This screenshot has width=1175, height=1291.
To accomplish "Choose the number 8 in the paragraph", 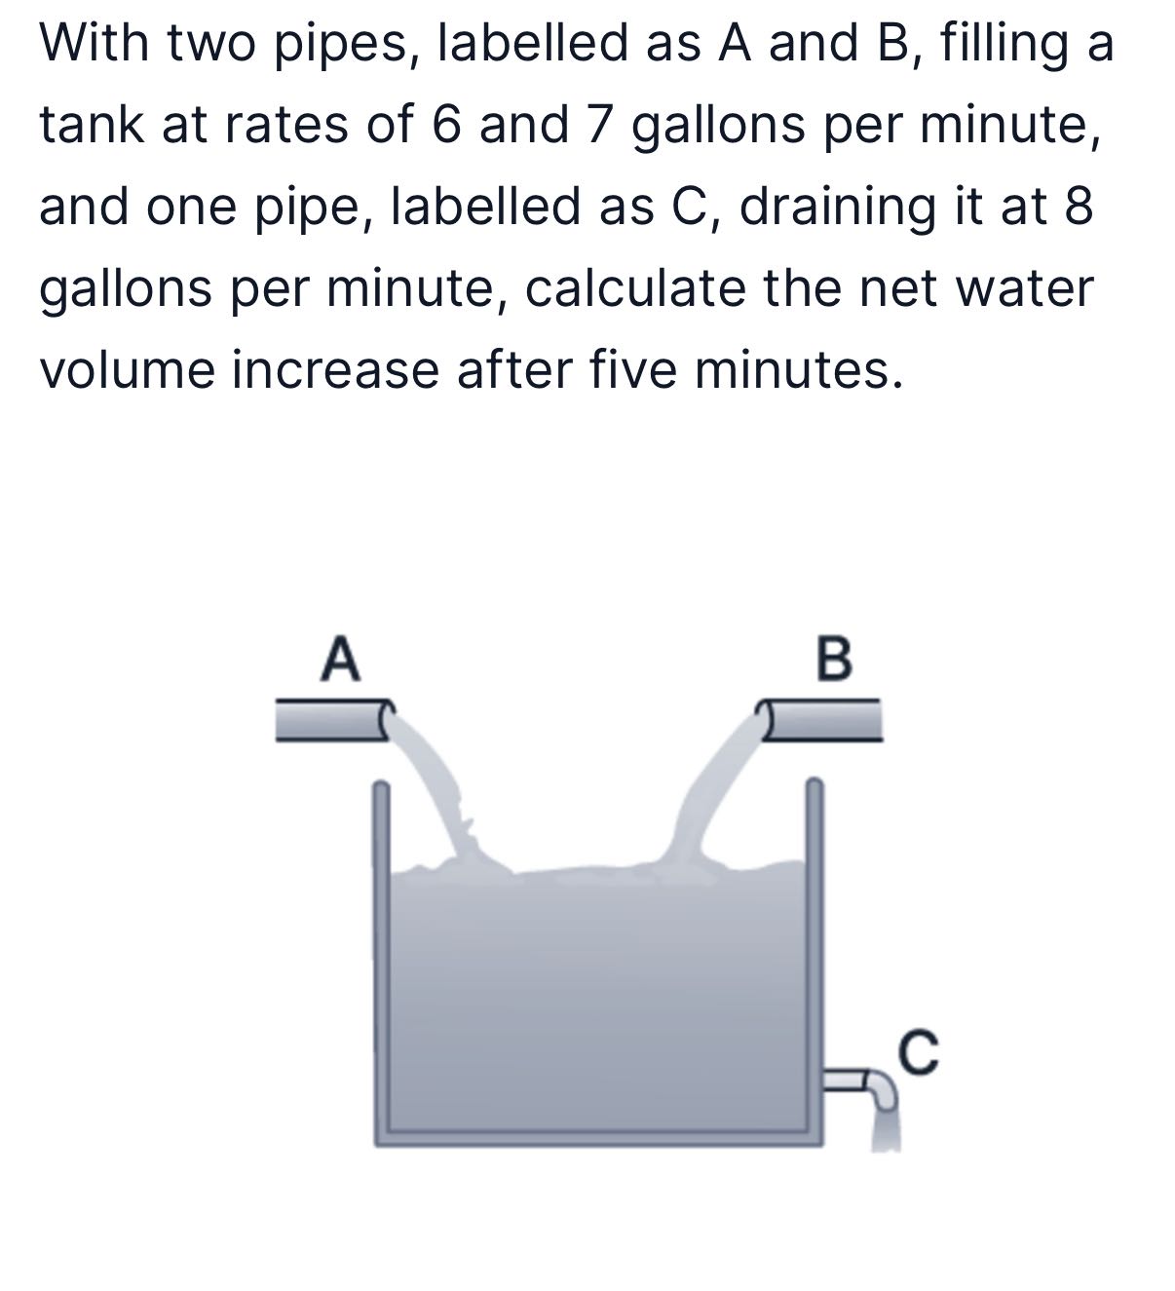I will (x=1079, y=208).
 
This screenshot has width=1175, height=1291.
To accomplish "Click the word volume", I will (x=126, y=370).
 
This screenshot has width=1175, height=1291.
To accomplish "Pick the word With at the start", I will (x=94, y=44).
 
